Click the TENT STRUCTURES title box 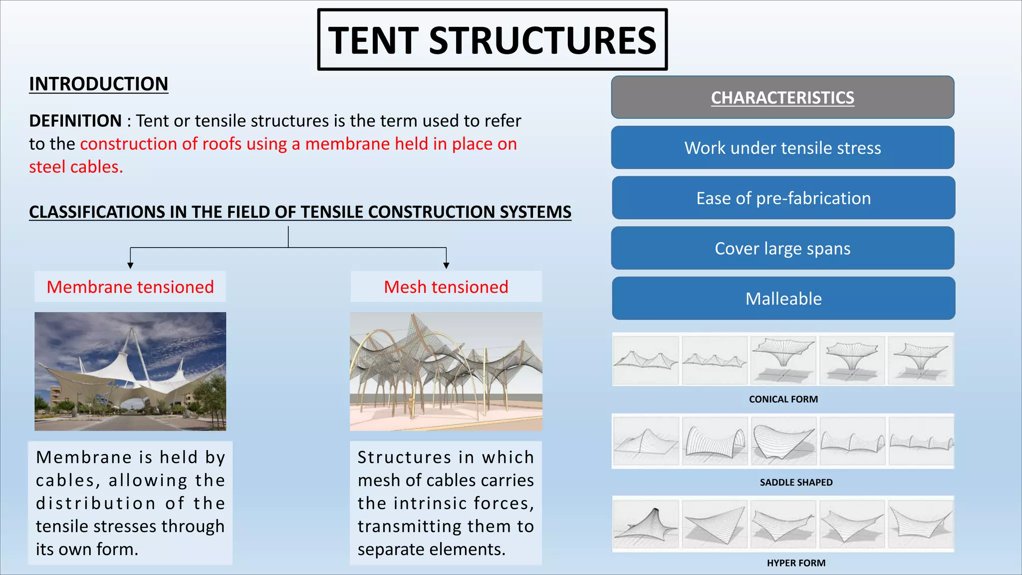click(492, 40)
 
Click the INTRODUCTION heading click(98, 84)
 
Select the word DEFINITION click(75, 121)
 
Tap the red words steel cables click(76, 167)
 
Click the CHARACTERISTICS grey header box click(782, 97)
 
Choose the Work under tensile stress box click(782, 148)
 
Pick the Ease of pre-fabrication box click(783, 198)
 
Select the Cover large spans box click(782, 248)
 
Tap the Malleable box click(783, 298)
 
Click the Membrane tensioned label click(130, 287)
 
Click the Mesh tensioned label click(446, 287)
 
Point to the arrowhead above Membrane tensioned click(130, 266)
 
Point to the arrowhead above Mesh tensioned click(446, 266)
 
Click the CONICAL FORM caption click(783, 399)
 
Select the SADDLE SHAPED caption click(796, 482)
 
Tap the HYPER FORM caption click(796, 563)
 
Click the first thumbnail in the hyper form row click(646, 524)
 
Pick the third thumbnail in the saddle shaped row click(783, 441)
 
